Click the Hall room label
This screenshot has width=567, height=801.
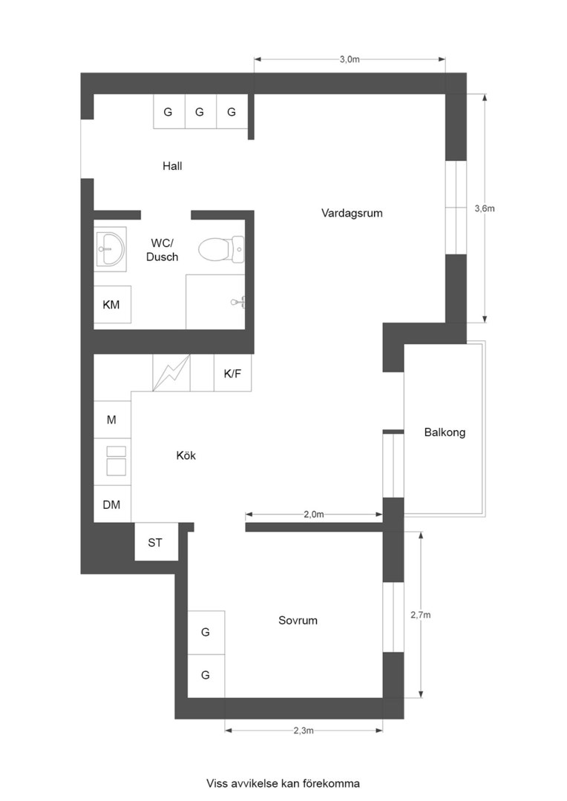click(172, 166)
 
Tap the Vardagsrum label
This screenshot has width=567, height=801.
click(352, 213)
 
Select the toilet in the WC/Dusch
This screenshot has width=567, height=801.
click(221, 249)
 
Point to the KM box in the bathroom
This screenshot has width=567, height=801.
click(111, 305)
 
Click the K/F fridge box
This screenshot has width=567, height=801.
click(232, 373)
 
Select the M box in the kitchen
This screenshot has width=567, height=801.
click(112, 420)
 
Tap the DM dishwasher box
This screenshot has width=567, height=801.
click(112, 505)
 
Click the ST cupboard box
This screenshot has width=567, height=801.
click(155, 542)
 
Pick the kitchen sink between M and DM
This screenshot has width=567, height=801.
click(116, 460)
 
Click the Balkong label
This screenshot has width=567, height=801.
click(445, 432)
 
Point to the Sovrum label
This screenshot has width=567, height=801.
click(298, 620)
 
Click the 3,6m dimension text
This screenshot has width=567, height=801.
click(484, 208)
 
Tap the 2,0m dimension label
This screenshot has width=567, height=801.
click(314, 514)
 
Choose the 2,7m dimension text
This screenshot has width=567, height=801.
click(421, 615)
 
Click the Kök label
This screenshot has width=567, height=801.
click(186, 456)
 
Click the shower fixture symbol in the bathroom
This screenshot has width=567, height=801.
click(238, 301)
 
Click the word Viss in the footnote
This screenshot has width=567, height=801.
click(217, 782)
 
